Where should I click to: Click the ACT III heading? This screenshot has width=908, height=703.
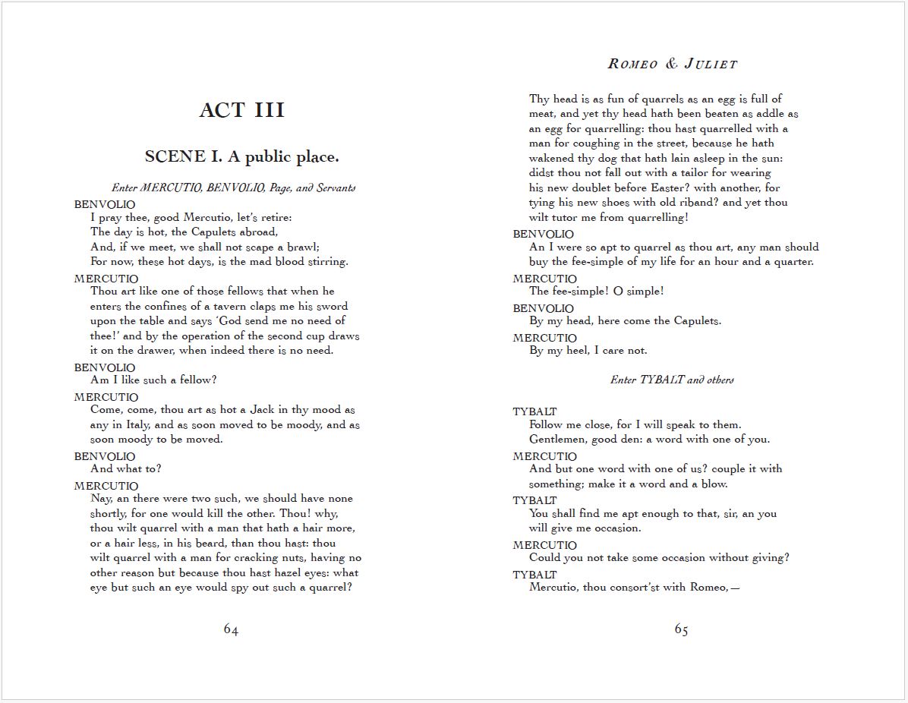[242, 110]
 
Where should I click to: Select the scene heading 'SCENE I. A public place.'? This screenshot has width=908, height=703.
[241, 157]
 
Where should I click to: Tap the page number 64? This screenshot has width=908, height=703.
[231, 629]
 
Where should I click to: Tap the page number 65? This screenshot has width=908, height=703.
[681, 629]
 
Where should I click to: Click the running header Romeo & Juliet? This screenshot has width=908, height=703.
[673, 64]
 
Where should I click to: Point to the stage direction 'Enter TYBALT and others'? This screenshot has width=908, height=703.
[672, 380]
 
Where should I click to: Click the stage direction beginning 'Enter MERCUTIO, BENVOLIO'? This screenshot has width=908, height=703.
[233, 188]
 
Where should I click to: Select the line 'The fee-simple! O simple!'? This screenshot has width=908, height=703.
[597, 292]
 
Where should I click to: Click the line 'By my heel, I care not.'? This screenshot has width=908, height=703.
[588, 351]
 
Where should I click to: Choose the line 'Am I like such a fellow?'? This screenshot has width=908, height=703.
[153, 380]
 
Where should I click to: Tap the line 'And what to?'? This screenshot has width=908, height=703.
[125, 469]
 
